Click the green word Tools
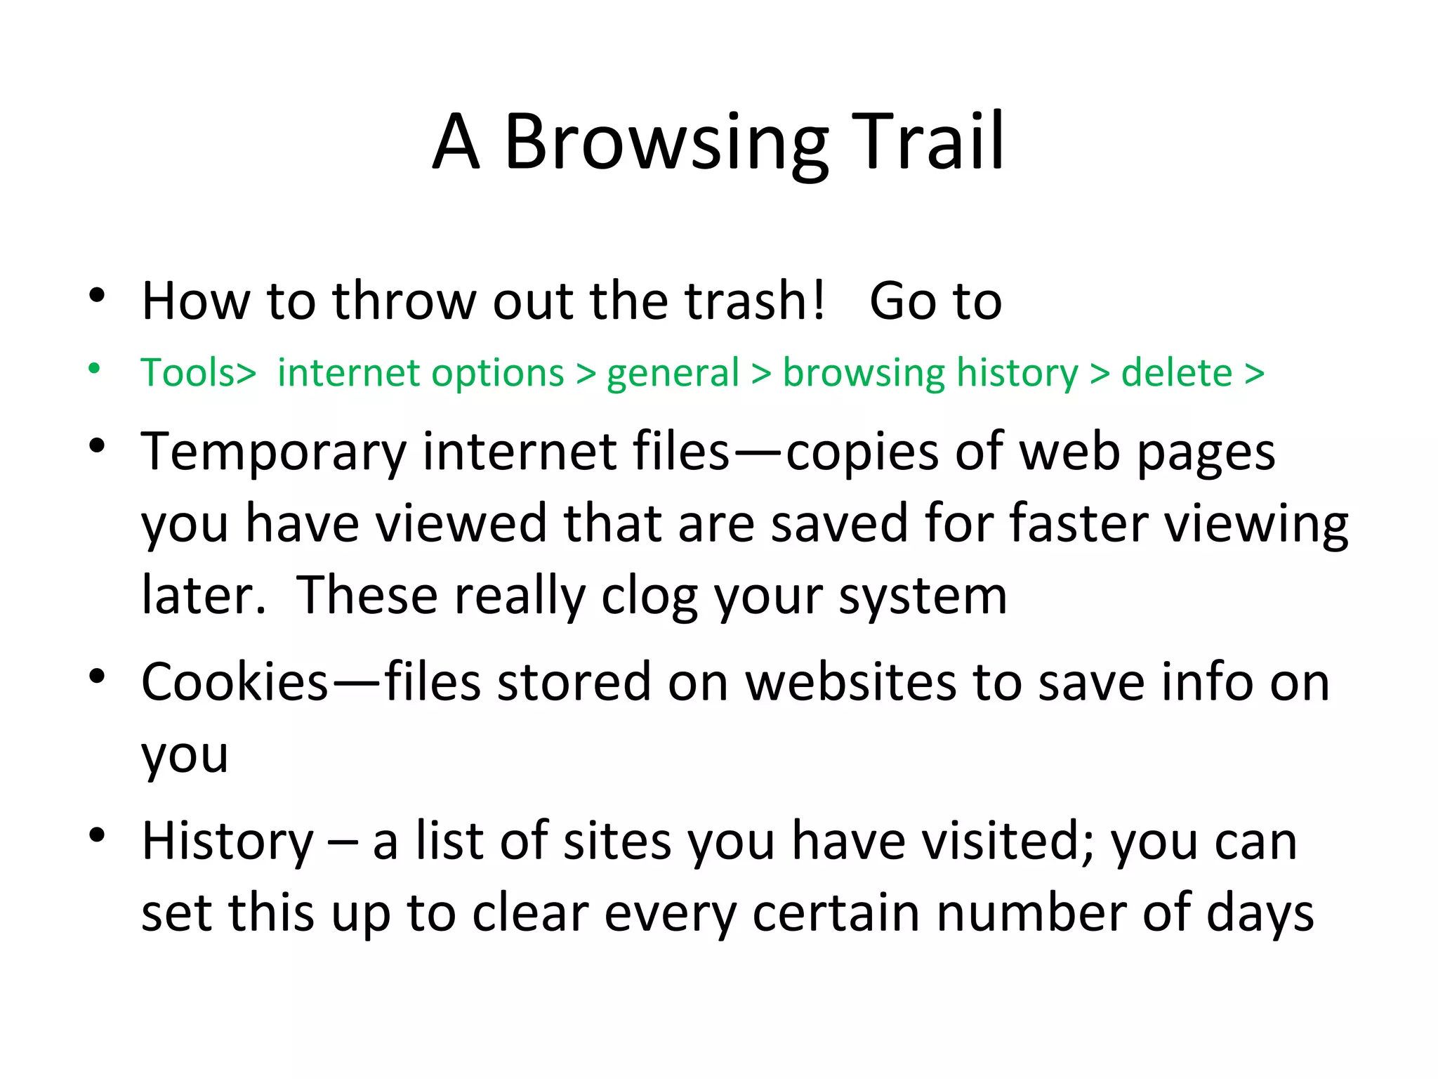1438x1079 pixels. pyautogui.click(x=188, y=372)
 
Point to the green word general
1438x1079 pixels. pyautogui.click(x=673, y=374)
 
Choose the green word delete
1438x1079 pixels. pyautogui.click(x=1176, y=372)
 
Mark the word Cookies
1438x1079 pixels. pyautogui.click(x=235, y=682)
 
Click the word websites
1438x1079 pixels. pyautogui.click(x=850, y=682)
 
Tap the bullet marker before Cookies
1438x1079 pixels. pyautogui.click(x=96, y=676)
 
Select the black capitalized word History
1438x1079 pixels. pyautogui.click(x=227, y=841)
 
